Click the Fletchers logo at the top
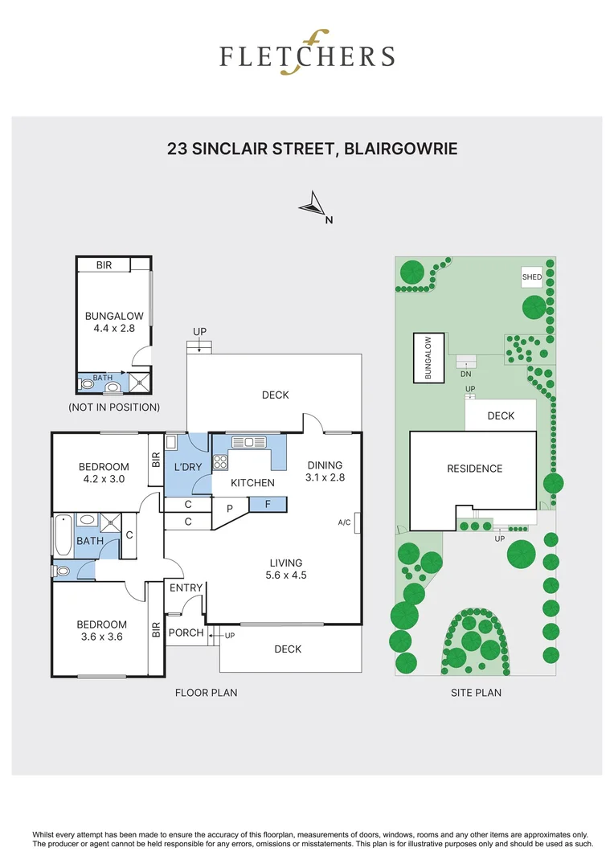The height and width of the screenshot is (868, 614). tap(307, 55)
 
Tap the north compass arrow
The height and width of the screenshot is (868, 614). tap(313, 206)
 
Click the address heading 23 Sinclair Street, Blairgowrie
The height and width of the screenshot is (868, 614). tap(313, 149)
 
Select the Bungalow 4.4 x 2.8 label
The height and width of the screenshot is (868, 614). tap(114, 321)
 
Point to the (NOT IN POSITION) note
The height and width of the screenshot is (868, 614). tap(114, 407)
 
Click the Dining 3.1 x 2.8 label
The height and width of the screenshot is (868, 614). tap(325, 471)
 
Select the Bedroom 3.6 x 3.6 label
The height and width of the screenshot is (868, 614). tap(102, 631)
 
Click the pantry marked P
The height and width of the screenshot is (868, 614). tap(230, 509)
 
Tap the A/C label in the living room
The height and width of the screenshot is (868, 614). tap(344, 522)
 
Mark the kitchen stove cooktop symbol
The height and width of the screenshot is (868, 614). tap(219, 461)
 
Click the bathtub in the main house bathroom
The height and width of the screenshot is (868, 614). tap(63, 537)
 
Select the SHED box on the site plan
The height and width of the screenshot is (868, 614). tap(532, 277)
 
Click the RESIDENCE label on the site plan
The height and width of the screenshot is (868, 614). tap(474, 469)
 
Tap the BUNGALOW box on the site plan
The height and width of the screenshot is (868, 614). tap(428, 358)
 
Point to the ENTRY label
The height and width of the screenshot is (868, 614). tap(186, 588)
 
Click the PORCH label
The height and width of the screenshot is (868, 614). tap(186, 633)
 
